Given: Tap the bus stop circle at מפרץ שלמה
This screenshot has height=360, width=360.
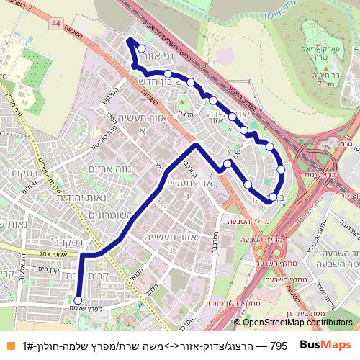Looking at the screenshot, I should click(77, 301).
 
